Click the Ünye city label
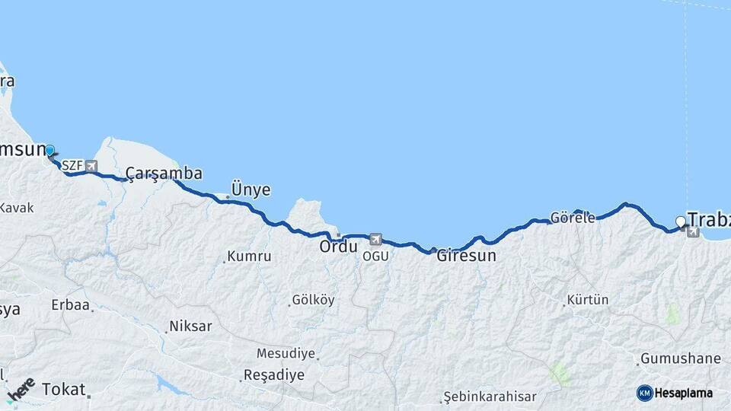point(251,190)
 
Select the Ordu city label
point(337,247)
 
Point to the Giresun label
point(466,256)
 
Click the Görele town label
point(573,218)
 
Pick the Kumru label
point(250,256)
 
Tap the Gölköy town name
point(313,300)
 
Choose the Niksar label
point(190,326)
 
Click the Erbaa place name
point(70,305)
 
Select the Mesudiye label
point(286,353)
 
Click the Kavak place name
point(17,208)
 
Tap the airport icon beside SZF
point(91,165)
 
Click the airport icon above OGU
point(375,239)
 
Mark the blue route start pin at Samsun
point(49,151)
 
